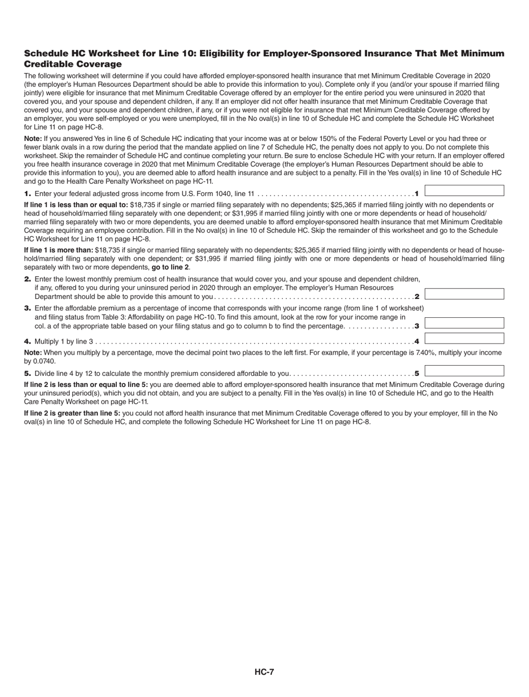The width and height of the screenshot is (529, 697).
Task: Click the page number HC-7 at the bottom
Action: [264, 671]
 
